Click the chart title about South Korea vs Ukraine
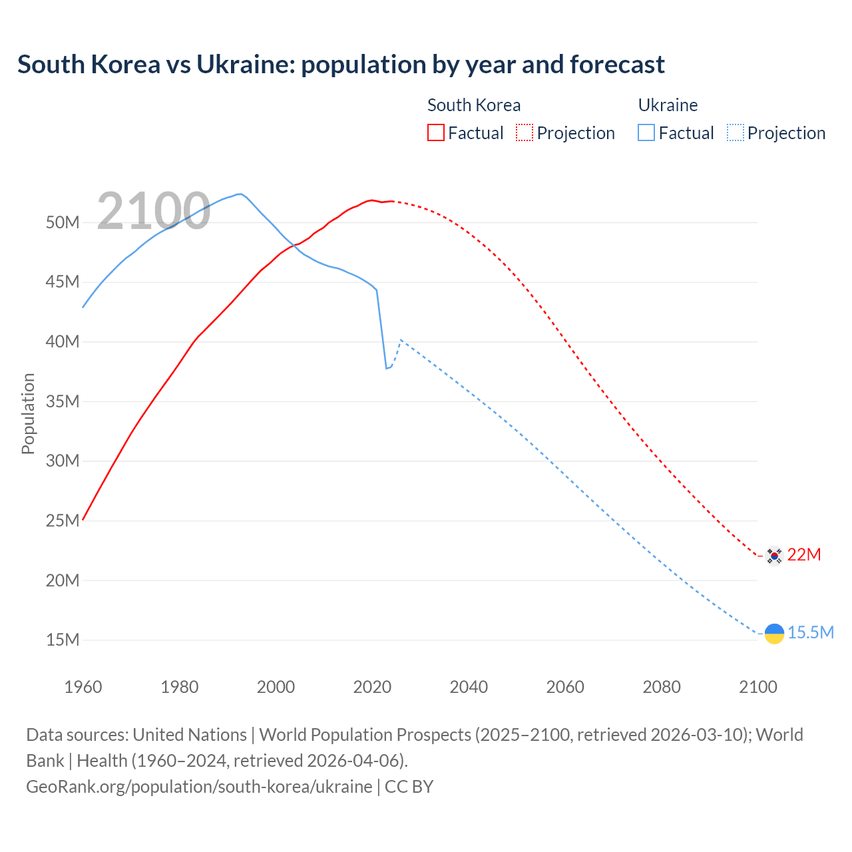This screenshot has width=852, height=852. click(x=341, y=65)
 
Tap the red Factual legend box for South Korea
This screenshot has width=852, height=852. click(x=435, y=132)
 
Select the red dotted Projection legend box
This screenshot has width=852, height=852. click(x=525, y=132)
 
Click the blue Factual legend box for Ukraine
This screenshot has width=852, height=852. click(x=646, y=132)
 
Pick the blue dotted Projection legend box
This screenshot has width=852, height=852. click(x=735, y=132)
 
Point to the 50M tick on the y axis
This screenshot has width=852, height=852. click(x=63, y=222)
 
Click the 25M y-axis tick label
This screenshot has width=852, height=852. click(x=63, y=521)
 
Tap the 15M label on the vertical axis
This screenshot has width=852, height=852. click(x=63, y=640)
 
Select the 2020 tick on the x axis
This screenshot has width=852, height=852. click(x=372, y=687)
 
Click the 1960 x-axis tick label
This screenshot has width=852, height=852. click(x=83, y=687)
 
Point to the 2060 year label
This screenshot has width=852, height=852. click(x=565, y=687)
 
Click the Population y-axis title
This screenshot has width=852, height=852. click(x=28, y=413)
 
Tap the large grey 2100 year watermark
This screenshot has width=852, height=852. click(x=154, y=212)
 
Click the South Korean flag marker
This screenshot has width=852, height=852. click(x=773, y=555)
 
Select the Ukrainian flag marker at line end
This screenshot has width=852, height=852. click(x=774, y=634)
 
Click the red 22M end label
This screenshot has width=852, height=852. click(x=804, y=554)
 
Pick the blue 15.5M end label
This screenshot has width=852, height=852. click(x=810, y=632)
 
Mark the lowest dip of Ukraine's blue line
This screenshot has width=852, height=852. click(x=386, y=368)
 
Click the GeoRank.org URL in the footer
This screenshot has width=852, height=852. click(x=199, y=787)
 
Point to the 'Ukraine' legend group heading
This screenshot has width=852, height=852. click(x=668, y=105)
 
